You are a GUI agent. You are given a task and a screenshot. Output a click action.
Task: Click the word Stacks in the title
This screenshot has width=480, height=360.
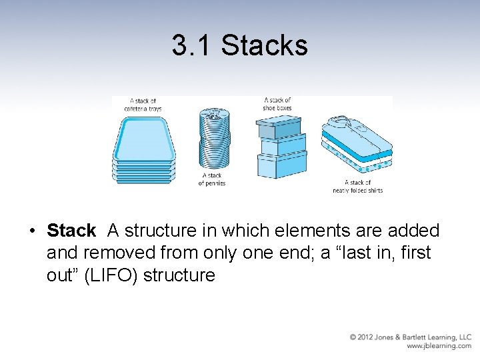[264, 45]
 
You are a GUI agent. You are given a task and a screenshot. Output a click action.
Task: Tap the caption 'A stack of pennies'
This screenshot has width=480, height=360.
[213, 180]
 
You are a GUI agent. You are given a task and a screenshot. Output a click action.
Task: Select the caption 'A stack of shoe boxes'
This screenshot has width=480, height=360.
[277, 103]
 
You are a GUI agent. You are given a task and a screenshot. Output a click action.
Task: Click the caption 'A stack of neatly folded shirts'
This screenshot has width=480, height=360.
[358, 186]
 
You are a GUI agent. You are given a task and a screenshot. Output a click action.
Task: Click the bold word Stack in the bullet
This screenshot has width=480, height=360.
[71, 231]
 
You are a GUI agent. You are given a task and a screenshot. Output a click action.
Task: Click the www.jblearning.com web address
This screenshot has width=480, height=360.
[439, 346]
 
